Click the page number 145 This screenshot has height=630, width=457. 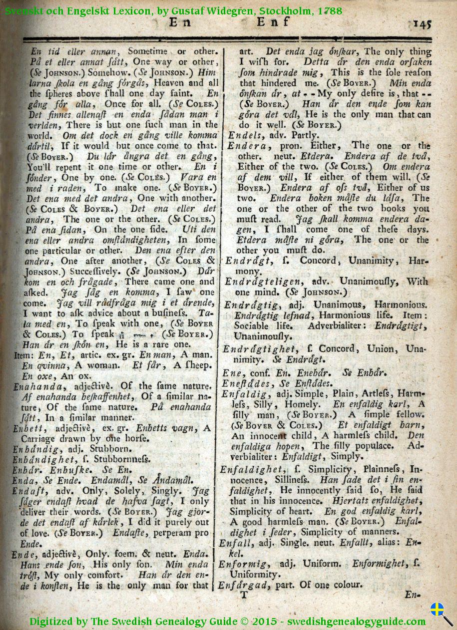[422, 23]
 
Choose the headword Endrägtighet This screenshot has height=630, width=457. [259, 349]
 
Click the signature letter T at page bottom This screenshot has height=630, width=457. [244, 595]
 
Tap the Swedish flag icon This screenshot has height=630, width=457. [437, 609]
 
